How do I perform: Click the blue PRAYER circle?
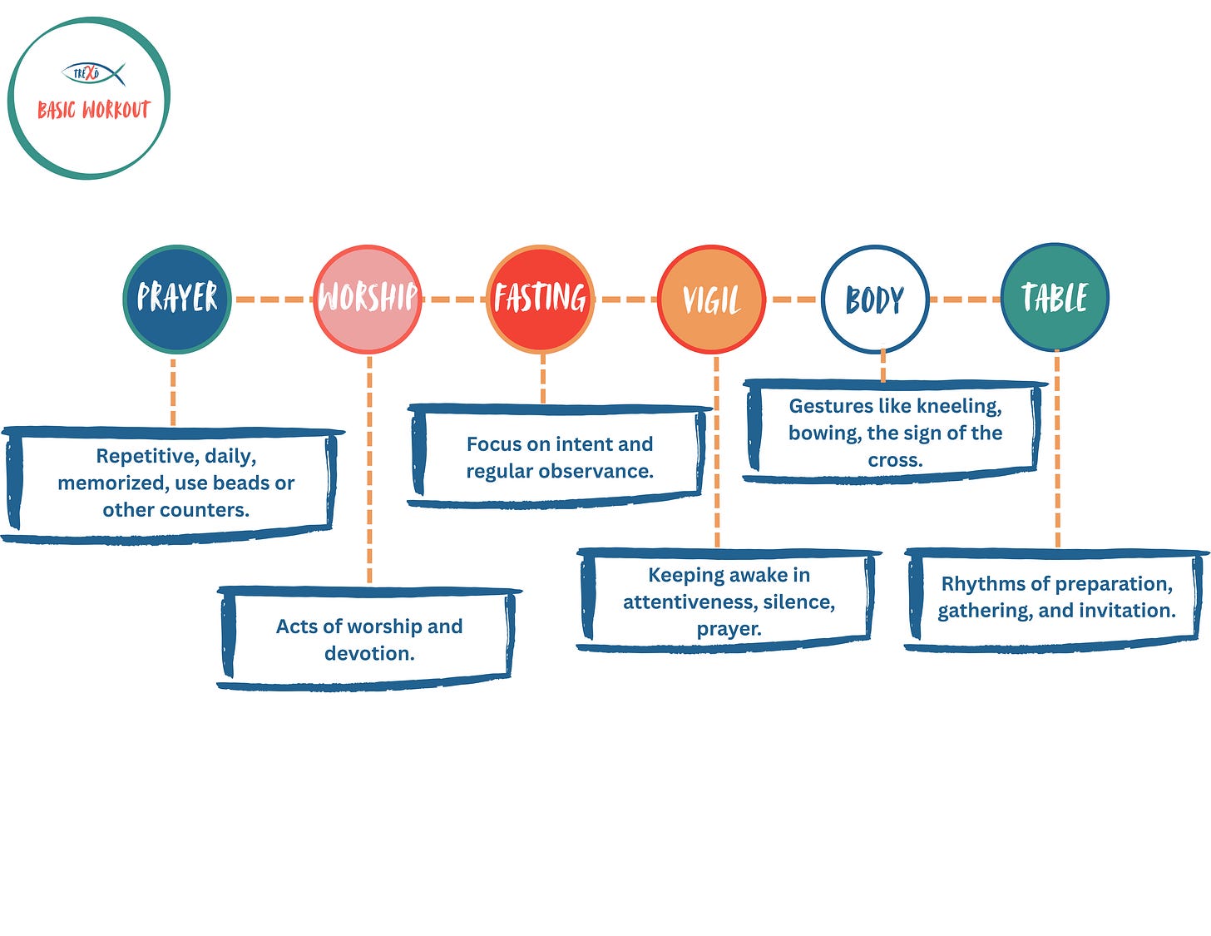(176, 298)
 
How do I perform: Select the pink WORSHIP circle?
(368, 298)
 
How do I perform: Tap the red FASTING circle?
(541, 298)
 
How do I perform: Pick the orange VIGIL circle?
(711, 300)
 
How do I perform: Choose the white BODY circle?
(874, 300)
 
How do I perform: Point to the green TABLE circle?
(1055, 297)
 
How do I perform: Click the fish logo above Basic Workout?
(93, 73)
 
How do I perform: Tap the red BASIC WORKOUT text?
(93, 110)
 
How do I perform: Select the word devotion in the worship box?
(369, 653)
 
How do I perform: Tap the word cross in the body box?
(894, 460)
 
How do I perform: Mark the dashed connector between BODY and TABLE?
(965, 299)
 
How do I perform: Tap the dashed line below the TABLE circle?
(1057, 449)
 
